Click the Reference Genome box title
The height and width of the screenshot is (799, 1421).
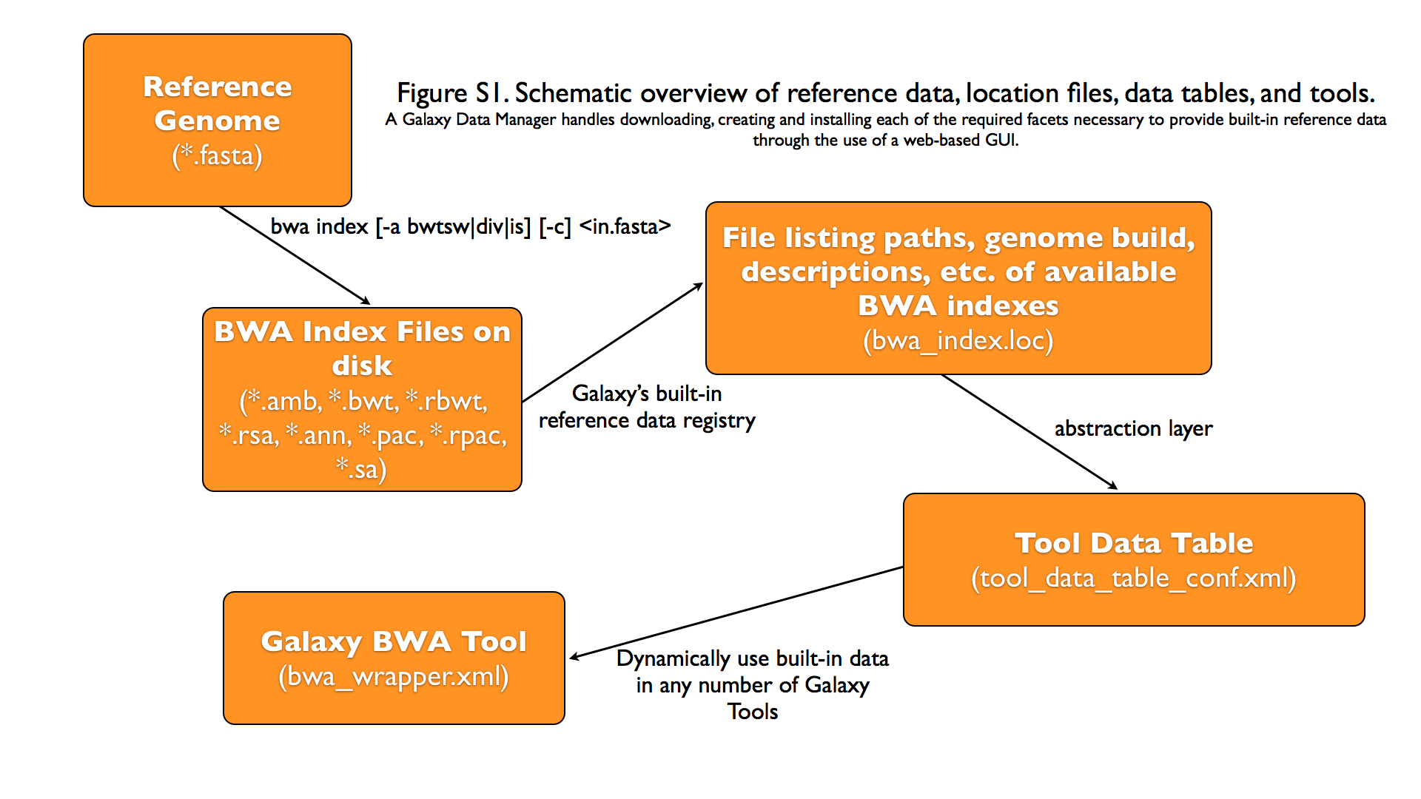217,103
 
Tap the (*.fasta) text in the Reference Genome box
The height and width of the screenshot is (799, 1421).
217,156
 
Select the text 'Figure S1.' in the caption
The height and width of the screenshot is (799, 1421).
451,93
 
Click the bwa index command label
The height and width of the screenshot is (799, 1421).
470,226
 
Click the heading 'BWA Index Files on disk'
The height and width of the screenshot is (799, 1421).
362,348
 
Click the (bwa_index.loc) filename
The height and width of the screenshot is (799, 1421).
958,340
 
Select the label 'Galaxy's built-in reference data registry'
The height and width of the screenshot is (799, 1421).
646,407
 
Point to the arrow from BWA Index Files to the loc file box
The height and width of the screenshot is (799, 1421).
613,343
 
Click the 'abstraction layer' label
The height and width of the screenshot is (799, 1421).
1133,428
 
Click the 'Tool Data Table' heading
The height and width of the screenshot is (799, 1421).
1133,543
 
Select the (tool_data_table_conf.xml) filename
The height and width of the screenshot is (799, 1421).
1133,578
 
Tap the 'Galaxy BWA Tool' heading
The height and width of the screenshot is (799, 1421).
394,641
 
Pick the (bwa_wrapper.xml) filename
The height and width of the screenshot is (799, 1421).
394,676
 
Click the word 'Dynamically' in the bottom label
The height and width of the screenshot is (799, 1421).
673,658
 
